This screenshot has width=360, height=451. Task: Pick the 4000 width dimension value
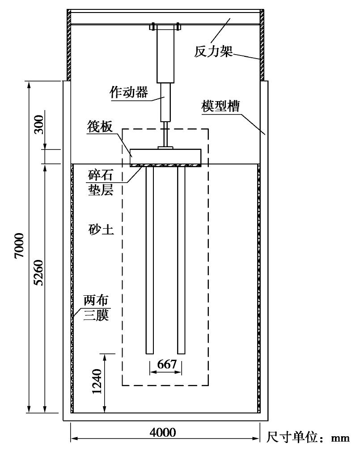(163, 432)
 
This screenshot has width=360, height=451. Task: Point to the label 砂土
(99, 230)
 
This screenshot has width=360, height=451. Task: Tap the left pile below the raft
(150, 260)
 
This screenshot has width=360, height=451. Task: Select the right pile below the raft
(182, 260)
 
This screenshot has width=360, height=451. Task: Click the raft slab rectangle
(165, 156)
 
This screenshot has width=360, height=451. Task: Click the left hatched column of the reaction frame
(69, 45)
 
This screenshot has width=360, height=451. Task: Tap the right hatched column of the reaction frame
(262, 45)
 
